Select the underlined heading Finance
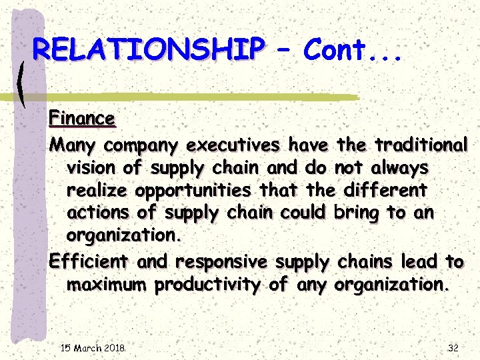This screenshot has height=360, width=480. click(82, 119)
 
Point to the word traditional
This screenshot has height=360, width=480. click(421, 144)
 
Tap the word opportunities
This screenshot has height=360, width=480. click(193, 191)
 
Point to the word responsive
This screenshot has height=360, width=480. click(221, 261)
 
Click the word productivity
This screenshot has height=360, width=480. click(209, 285)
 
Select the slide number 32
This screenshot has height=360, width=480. click(453, 348)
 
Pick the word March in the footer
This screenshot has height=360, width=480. click(88, 348)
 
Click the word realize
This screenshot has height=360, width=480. click(98, 191)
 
